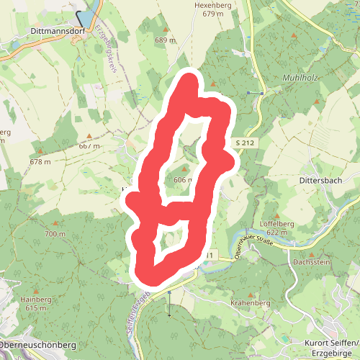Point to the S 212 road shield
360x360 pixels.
[245, 144]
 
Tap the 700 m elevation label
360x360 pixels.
[54, 234]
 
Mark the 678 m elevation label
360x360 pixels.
[40, 161]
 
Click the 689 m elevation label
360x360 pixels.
[165, 40]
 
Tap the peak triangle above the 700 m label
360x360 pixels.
[54, 224]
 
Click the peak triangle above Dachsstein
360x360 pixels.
[311, 253]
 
